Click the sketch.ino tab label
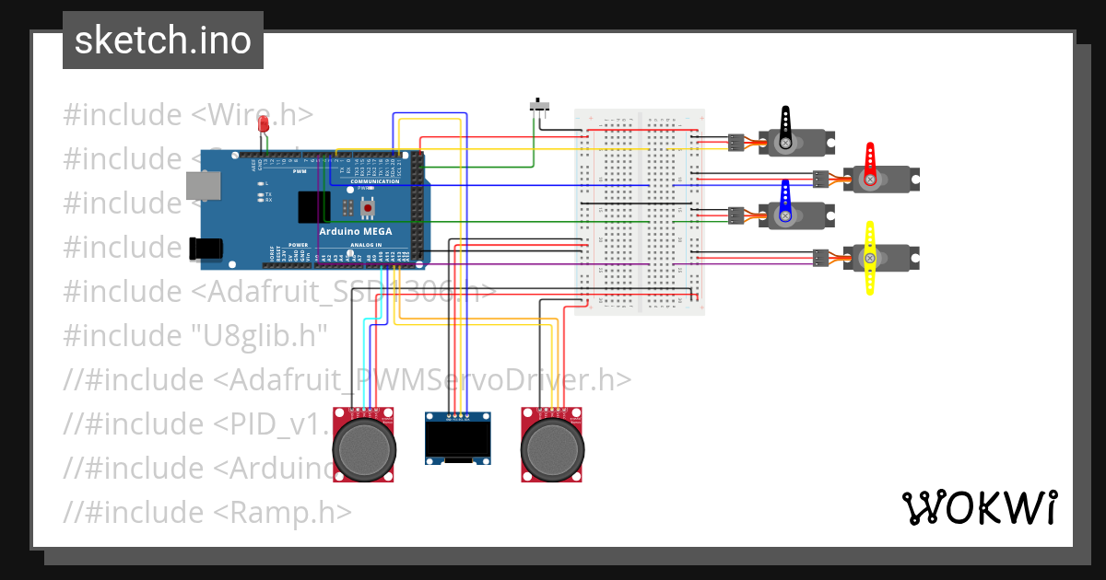(x=163, y=41)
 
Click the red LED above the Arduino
(x=263, y=124)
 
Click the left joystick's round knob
(x=365, y=448)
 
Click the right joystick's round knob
(x=553, y=448)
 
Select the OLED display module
(x=459, y=438)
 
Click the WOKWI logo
(x=978, y=507)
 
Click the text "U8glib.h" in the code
(x=257, y=336)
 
